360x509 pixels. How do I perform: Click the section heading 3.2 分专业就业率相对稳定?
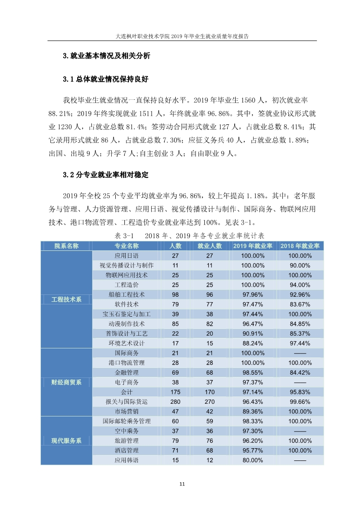point(106,175)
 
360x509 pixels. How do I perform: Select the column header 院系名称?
point(66,246)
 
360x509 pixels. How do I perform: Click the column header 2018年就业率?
point(300,246)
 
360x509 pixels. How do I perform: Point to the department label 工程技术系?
point(66,300)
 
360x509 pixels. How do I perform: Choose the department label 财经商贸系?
point(66,382)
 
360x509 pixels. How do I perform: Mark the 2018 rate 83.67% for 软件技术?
point(300,304)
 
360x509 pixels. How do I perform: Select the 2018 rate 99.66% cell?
point(300,401)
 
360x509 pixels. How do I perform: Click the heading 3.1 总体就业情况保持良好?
point(106,79)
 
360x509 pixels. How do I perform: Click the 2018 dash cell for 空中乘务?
point(300,431)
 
